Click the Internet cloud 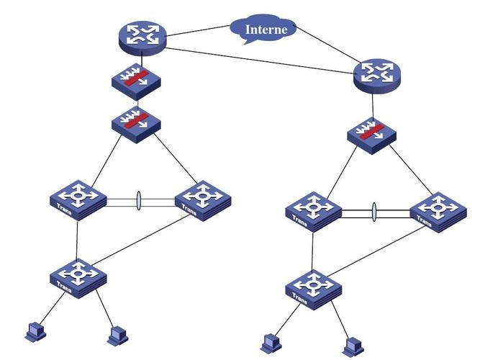tap(263, 29)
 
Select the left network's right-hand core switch tap(203, 198)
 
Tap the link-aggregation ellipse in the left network tap(138, 201)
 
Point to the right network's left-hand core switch tap(312, 210)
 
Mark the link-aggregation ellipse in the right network tap(375, 212)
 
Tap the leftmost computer tap(33, 332)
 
